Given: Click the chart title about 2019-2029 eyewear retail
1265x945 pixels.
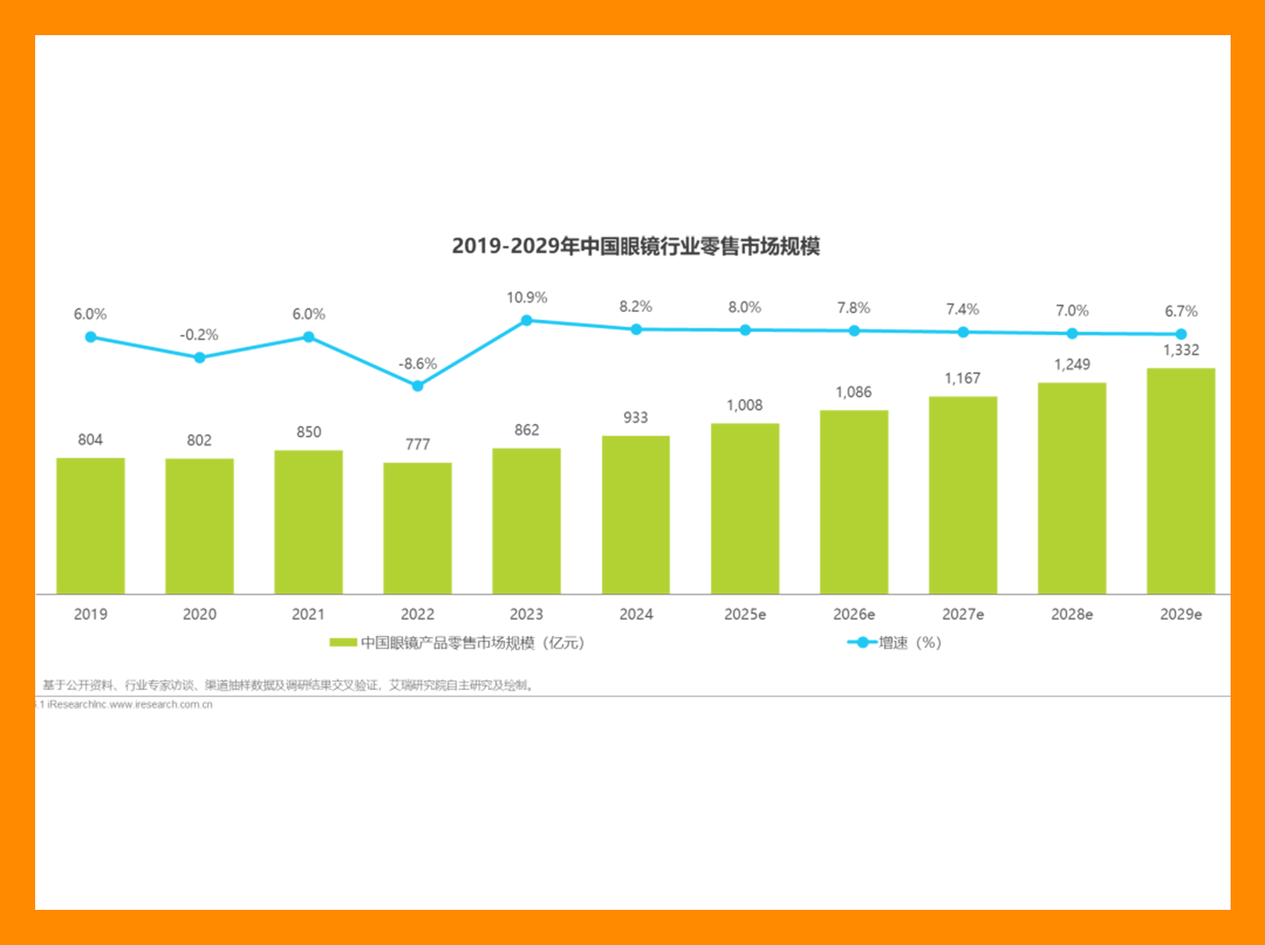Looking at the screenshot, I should click(x=636, y=246).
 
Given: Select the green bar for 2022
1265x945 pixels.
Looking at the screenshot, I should click(x=417, y=528).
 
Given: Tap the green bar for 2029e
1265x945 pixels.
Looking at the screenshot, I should click(x=1181, y=481).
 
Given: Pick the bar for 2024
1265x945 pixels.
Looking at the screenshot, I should click(x=636, y=514).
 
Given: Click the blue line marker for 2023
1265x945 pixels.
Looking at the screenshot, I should click(x=527, y=320).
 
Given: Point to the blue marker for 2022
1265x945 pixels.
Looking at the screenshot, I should click(x=417, y=386).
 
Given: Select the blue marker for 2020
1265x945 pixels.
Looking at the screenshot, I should click(x=199, y=357).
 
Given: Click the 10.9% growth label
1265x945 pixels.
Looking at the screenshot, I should click(x=527, y=298).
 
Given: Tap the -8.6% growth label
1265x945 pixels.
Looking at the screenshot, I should click(x=417, y=364).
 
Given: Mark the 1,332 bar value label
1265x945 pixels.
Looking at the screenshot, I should click(x=1181, y=350).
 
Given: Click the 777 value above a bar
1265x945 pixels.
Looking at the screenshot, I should click(x=417, y=445).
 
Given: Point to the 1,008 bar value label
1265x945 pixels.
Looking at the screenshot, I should click(x=744, y=406).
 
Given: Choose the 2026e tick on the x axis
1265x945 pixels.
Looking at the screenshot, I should click(x=854, y=614).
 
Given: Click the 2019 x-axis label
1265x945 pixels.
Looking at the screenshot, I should click(x=91, y=614).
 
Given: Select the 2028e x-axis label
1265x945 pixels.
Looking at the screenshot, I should click(x=1072, y=614).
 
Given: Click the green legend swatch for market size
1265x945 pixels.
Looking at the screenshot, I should click(x=343, y=643).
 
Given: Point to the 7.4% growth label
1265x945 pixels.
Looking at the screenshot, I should click(x=962, y=310).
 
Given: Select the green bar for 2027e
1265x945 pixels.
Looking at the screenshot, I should click(x=962, y=495).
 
